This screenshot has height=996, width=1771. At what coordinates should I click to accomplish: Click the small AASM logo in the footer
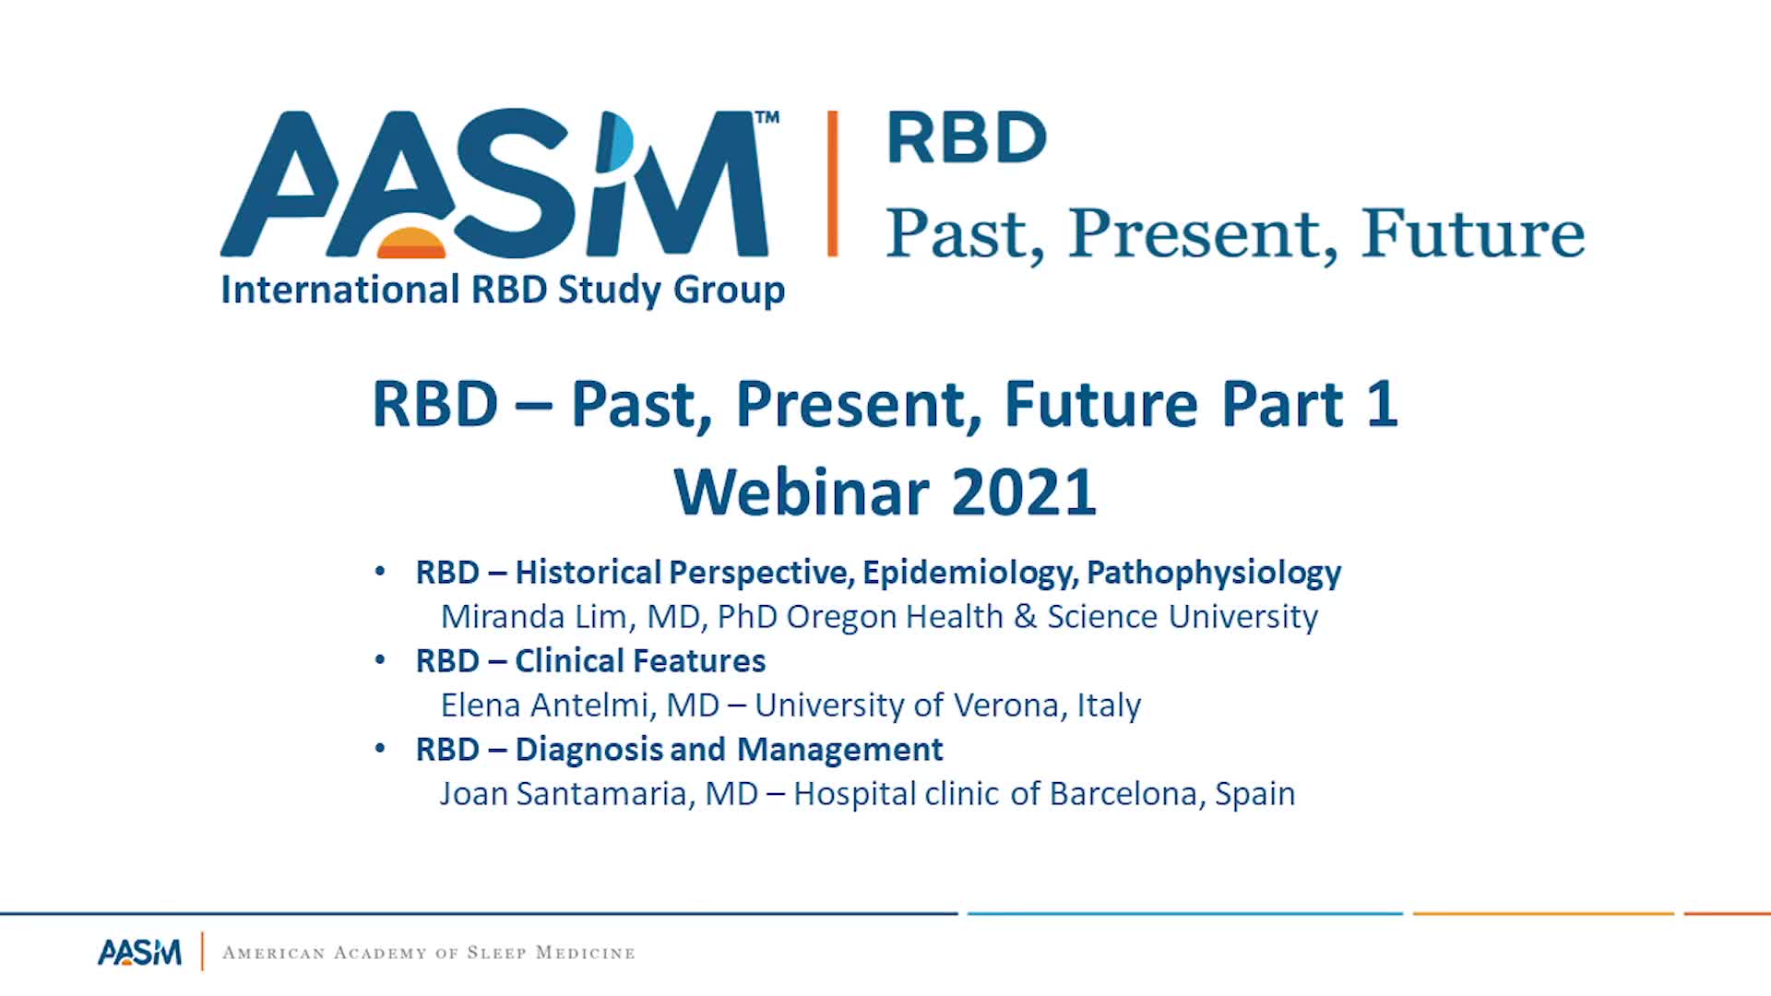pyautogui.click(x=139, y=952)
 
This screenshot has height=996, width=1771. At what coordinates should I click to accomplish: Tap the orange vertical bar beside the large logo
pyautogui.click(x=832, y=183)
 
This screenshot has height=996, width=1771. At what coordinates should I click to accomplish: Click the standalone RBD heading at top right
pyautogui.click(x=966, y=137)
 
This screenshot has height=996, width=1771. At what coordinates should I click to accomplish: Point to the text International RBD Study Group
pyautogui.click(x=503, y=290)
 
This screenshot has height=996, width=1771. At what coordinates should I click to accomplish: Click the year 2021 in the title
pyautogui.click(x=1024, y=492)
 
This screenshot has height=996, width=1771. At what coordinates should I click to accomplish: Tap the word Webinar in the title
pyautogui.click(x=801, y=492)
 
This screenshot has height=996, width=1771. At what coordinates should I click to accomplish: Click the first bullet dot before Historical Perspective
pyautogui.click(x=380, y=572)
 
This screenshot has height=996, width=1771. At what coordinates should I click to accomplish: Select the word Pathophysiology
pyautogui.click(x=1214, y=573)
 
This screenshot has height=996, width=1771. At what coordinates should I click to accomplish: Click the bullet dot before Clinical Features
pyautogui.click(x=380, y=660)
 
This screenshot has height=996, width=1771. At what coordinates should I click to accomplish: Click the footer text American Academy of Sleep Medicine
pyautogui.click(x=429, y=953)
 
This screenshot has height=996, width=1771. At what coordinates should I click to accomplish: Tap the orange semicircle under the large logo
pyautogui.click(x=411, y=242)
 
